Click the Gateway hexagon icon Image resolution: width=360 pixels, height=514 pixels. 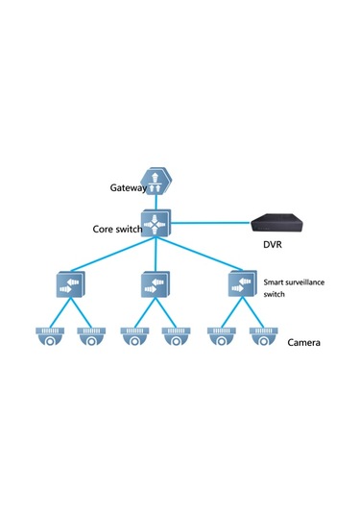pyautogui.click(x=156, y=181)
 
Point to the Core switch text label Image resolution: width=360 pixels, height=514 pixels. pyautogui.click(x=116, y=232)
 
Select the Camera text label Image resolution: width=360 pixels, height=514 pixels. pyautogui.click(x=303, y=342)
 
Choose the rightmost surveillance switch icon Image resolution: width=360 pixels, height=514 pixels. pyautogui.click(x=241, y=283)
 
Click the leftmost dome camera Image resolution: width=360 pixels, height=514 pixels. pyautogui.click(x=48, y=336)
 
